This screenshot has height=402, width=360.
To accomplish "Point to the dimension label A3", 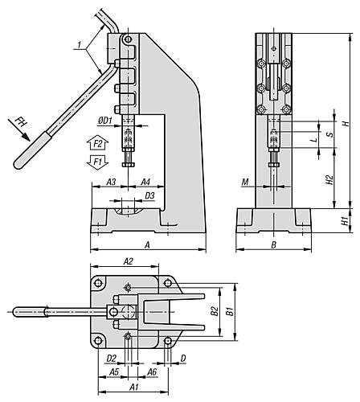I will click(112, 183).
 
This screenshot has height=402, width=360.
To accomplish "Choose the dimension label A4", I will click(147, 183).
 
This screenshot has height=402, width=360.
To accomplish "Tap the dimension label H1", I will click(345, 220).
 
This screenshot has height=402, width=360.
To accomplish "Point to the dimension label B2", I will click(214, 310).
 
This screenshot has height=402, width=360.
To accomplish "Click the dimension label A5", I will click(113, 372).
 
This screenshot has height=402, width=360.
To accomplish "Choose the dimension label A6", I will click(152, 372).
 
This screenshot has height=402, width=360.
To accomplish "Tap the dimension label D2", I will click(112, 358).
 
